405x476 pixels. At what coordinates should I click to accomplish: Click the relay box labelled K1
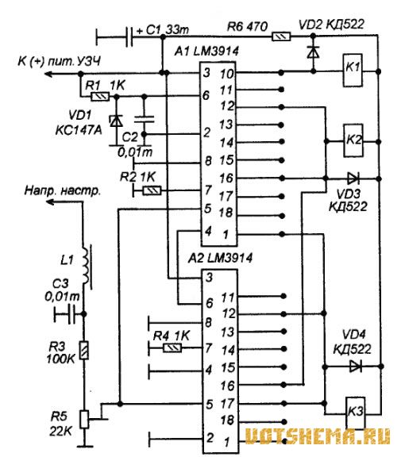[353, 70]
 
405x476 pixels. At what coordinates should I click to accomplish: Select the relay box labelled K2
[353, 140]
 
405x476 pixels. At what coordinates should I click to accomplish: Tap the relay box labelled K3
[355, 413]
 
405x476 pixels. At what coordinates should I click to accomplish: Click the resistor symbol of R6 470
[281, 37]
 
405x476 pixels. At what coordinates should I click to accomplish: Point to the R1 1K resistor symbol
[100, 97]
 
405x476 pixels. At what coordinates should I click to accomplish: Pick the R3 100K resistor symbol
[84, 351]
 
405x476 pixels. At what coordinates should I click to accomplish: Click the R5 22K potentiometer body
[84, 419]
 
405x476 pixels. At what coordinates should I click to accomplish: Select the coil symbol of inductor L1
[86, 266]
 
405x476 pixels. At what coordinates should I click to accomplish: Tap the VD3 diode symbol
[353, 178]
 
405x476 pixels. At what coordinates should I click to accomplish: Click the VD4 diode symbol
[355, 366]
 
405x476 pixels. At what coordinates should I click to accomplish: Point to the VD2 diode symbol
[313, 52]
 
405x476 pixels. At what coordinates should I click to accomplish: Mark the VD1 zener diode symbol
[116, 121]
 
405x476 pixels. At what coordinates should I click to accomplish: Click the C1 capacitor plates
[129, 37]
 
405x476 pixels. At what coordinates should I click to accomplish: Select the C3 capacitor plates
[72, 314]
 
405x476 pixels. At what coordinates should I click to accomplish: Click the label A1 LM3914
[206, 52]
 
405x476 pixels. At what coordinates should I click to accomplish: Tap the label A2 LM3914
[220, 258]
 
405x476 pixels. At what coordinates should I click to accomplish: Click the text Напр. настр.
[62, 190]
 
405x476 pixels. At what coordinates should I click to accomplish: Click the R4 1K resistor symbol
[172, 347]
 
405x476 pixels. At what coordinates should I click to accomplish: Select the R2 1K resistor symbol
[152, 190]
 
